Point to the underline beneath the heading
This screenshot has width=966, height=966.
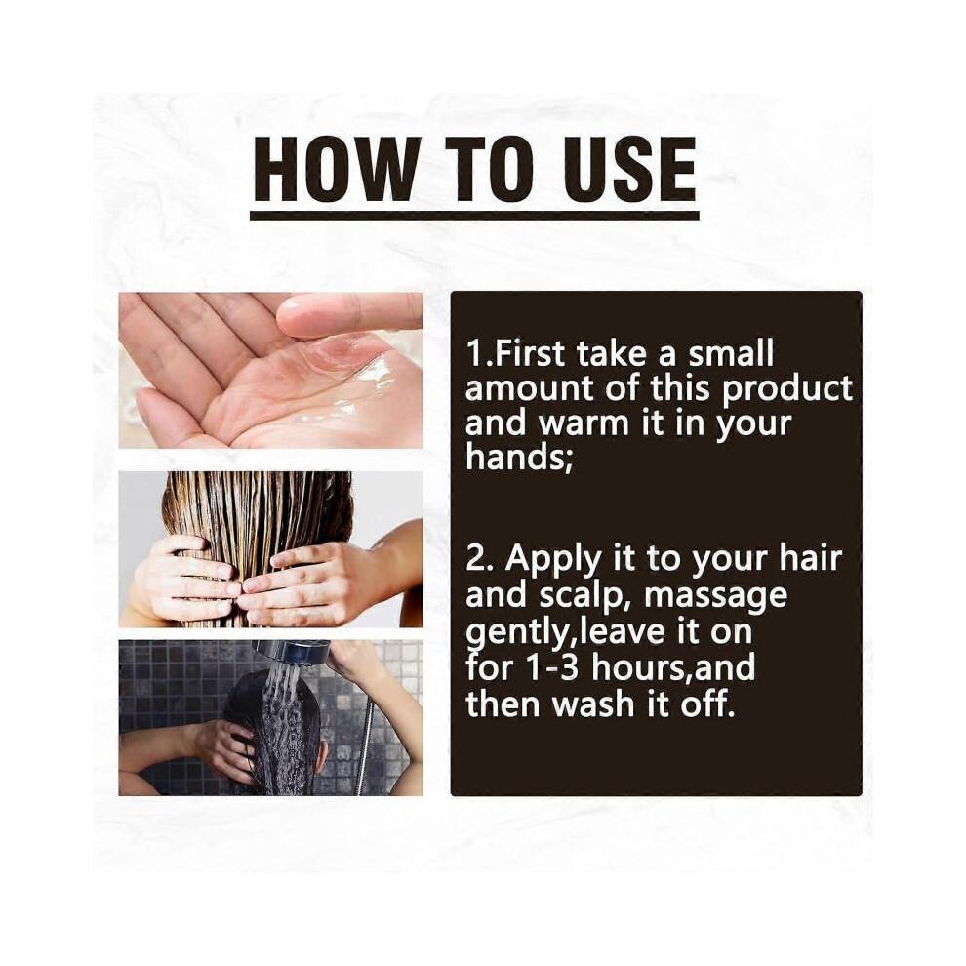474,216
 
